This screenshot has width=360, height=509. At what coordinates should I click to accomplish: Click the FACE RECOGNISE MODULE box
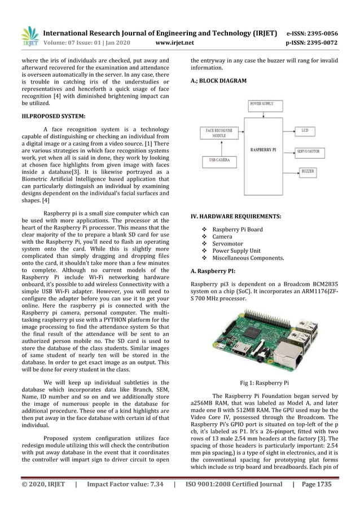tap(218, 134)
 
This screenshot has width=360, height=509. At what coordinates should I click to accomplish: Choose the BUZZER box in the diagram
tap(308, 170)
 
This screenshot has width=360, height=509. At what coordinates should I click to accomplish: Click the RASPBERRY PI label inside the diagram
tap(262, 150)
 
